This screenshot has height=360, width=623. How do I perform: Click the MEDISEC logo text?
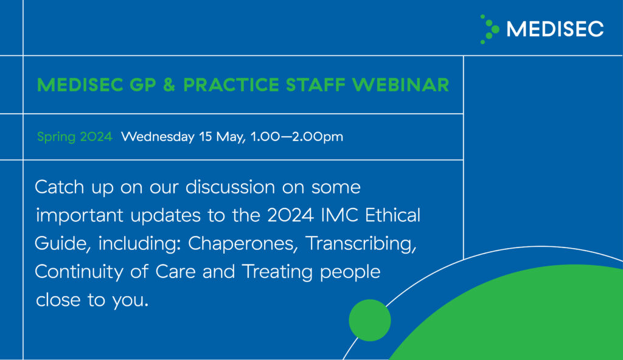(x=555, y=29)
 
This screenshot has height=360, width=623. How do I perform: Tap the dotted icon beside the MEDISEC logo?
(x=489, y=29)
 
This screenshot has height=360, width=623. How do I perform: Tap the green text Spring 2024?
(x=75, y=137)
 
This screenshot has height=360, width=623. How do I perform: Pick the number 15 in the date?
(x=205, y=137)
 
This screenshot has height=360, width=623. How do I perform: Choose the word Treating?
(x=277, y=271)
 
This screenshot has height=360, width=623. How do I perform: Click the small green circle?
(x=370, y=320)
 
